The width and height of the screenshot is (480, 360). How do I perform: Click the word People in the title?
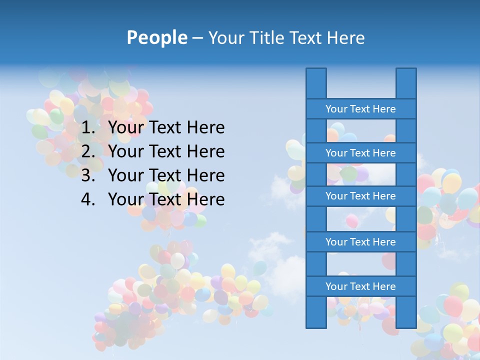[157, 37]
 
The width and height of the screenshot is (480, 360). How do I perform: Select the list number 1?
[87, 128]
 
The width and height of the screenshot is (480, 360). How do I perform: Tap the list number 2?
[87, 151]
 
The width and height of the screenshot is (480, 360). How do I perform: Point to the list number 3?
[87, 175]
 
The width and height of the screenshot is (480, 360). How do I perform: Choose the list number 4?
[87, 199]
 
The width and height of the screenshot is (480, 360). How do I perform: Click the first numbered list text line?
[166, 128]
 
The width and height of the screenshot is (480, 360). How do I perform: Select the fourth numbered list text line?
[166, 199]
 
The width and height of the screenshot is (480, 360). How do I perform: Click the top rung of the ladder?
[360, 109]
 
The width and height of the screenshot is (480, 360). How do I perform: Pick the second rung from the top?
[360, 153]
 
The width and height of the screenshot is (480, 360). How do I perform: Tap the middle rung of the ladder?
[360, 196]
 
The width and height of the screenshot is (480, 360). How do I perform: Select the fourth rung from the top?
[360, 242]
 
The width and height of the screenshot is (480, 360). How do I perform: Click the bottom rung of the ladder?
[360, 286]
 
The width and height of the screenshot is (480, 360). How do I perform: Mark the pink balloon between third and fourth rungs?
[352, 220]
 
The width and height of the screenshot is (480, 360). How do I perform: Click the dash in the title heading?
[197, 38]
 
